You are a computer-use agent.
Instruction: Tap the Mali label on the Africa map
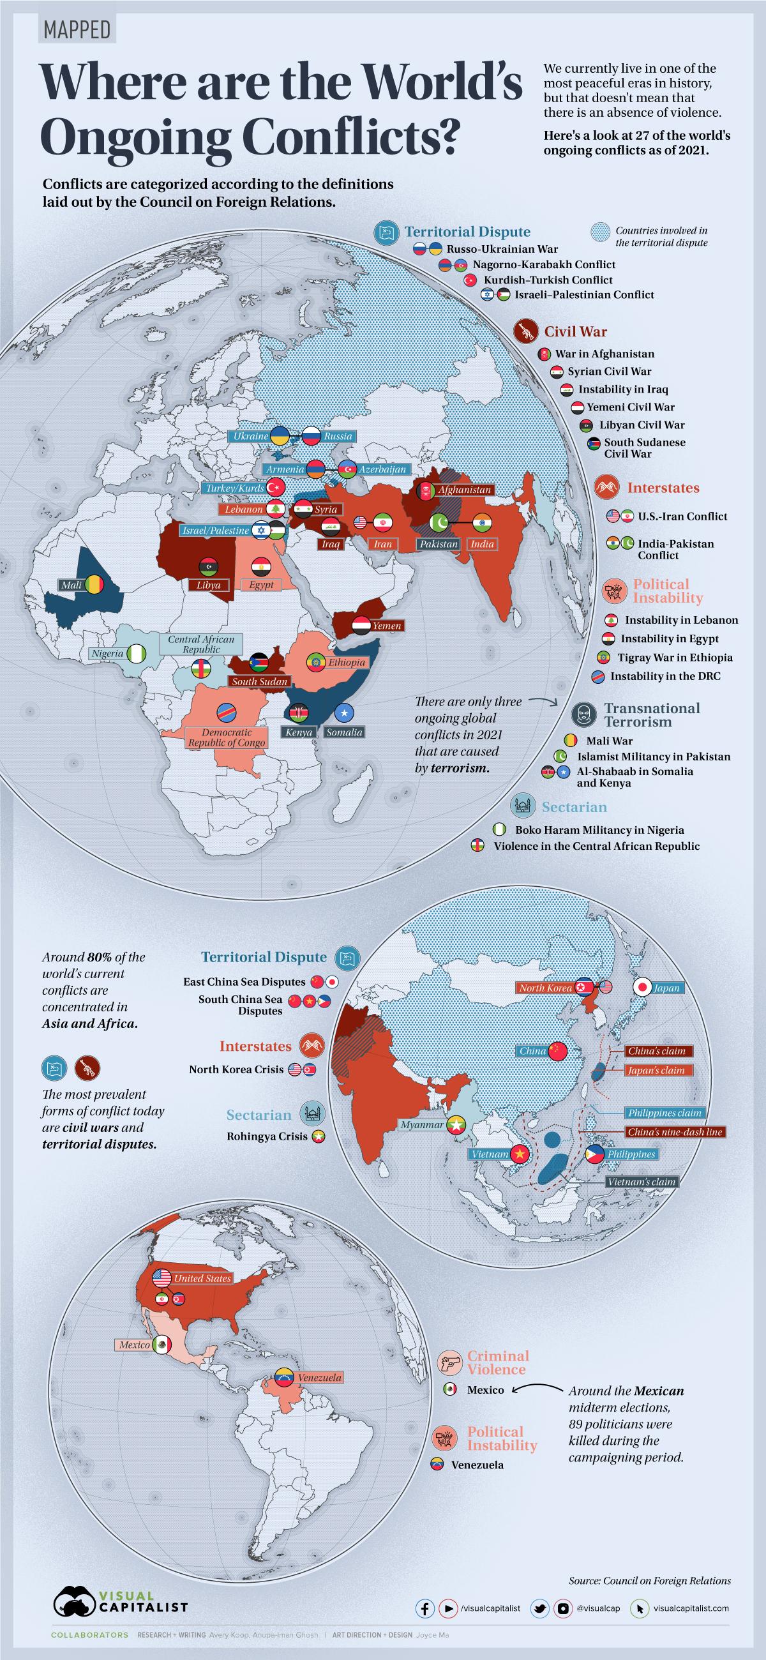click(71, 585)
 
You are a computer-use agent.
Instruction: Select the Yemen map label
click(386, 625)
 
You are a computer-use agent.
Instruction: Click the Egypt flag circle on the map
click(260, 567)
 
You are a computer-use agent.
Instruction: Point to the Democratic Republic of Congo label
click(226, 737)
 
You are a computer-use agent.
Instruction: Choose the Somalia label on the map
click(344, 732)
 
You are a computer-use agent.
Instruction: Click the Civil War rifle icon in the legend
click(526, 332)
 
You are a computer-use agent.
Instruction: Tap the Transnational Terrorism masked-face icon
click(583, 714)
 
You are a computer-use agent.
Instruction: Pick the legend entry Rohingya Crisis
click(267, 1136)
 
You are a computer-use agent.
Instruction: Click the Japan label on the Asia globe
click(666, 988)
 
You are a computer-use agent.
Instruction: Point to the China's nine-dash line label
click(675, 1131)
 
